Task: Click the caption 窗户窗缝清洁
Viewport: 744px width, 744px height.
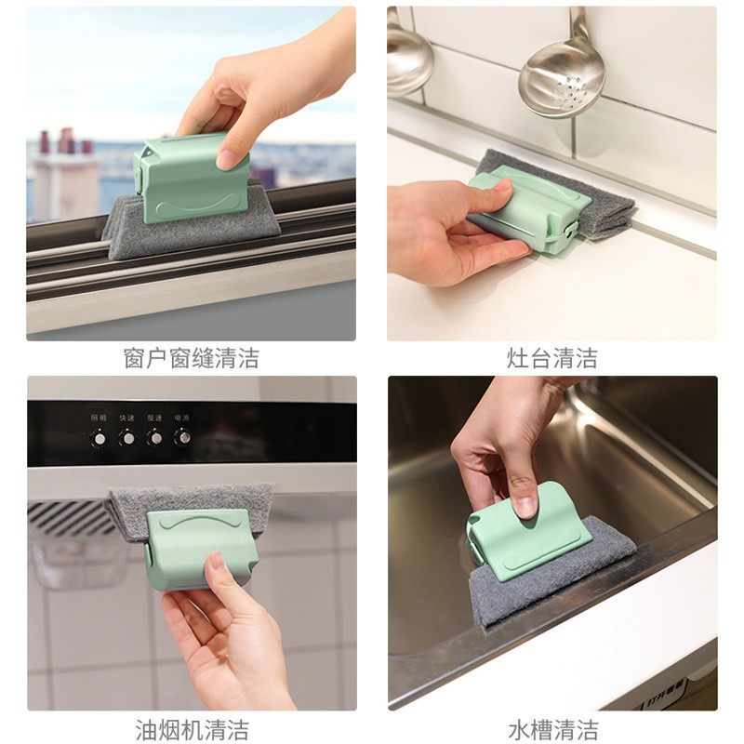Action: pyautogui.click(x=191, y=358)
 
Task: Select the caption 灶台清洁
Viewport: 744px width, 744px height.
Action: pyautogui.click(x=551, y=358)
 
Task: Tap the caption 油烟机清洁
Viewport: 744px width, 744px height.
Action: pyautogui.click(x=191, y=729)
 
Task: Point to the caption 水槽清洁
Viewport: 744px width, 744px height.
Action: pyautogui.click(x=551, y=729)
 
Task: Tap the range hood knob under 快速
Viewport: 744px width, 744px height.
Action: pyautogui.click(x=126, y=436)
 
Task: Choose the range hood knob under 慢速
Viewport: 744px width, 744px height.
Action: pyautogui.click(x=155, y=436)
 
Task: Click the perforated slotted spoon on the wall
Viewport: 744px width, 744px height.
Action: pyautogui.click(x=563, y=74)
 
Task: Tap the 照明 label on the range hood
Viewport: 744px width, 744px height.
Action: pyautogui.click(x=99, y=418)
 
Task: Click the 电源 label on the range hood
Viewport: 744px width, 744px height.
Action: pyautogui.click(x=183, y=418)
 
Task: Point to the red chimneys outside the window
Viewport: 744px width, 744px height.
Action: pyautogui.click(x=65, y=142)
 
